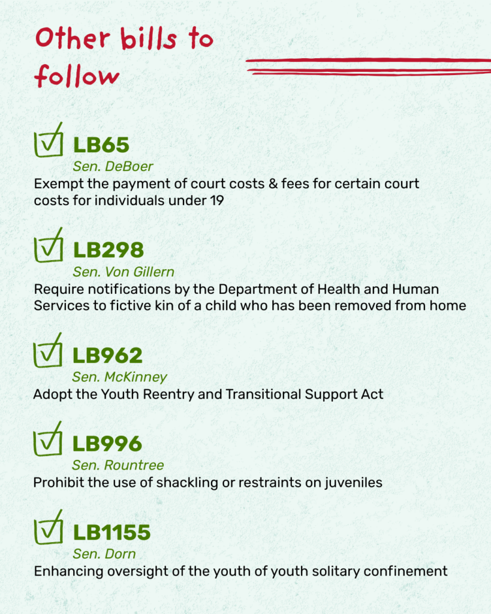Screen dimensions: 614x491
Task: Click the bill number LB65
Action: pyautogui.click(x=101, y=145)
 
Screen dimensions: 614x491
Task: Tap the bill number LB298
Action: pyautogui.click(x=109, y=250)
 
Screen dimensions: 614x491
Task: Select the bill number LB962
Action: pyautogui.click(x=108, y=356)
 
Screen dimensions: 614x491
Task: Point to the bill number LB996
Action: pyautogui.click(x=108, y=444)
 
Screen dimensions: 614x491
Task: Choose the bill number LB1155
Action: pyautogui.click(x=112, y=532)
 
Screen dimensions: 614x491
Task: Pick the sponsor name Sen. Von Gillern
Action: pyautogui.click(x=123, y=271)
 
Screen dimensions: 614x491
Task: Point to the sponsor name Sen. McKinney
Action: pyautogui.click(x=119, y=377)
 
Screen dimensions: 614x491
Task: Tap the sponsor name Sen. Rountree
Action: pyautogui.click(x=118, y=465)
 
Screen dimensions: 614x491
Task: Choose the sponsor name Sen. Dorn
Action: pyautogui.click(x=104, y=554)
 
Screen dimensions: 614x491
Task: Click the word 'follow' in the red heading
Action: pyautogui.click(x=76, y=76)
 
